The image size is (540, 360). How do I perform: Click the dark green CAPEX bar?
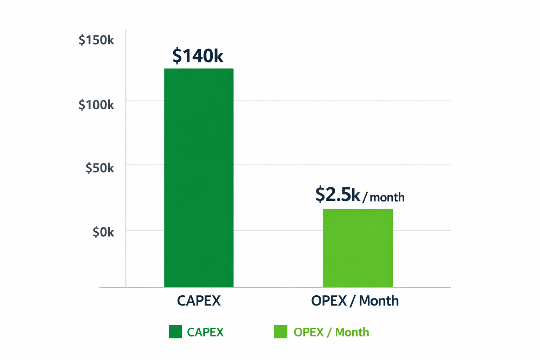(x=199, y=178)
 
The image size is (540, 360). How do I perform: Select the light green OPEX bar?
(x=358, y=248)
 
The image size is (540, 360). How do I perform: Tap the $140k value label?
(x=198, y=56)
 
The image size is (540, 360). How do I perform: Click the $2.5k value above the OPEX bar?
(x=338, y=194)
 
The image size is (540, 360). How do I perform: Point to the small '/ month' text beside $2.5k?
(x=384, y=197)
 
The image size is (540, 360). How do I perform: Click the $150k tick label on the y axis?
(x=96, y=40)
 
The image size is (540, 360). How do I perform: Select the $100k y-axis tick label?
(x=96, y=104)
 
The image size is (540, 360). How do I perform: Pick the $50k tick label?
(x=100, y=168)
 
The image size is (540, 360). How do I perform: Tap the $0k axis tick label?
(x=103, y=232)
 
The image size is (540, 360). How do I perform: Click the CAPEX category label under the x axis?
(x=199, y=301)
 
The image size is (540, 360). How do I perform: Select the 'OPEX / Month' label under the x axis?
(x=355, y=301)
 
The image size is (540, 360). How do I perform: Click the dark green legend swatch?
(x=175, y=332)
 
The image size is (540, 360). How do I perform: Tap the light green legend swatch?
(x=281, y=332)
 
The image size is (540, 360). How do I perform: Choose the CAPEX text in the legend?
(x=205, y=332)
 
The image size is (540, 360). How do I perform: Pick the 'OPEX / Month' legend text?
(x=331, y=332)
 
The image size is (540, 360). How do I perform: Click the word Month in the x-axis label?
(x=379, y=301)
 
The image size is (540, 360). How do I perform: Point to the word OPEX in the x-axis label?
(x=329, y=301)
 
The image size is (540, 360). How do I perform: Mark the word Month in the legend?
(x=352, y=332)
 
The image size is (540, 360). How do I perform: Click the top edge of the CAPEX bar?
(x=199, y=69)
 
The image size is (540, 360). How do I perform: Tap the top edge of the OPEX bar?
(x=358, y=210)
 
